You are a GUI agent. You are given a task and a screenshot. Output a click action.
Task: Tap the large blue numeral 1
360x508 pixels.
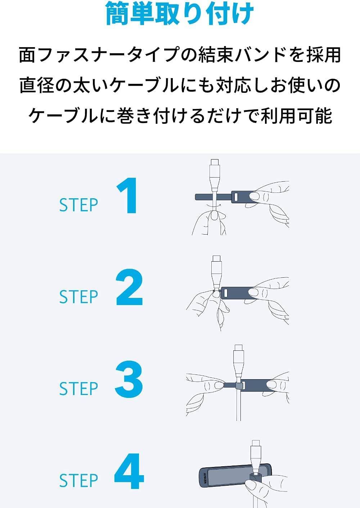point(127,196)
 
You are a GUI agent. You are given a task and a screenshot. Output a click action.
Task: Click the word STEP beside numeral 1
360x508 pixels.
point(78,205)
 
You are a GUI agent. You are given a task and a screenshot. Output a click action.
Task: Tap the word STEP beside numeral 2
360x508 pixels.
point(78,297)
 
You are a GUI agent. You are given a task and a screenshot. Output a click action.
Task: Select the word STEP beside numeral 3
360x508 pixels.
point(78,389)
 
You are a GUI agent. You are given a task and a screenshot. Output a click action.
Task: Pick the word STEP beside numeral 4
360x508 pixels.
point(78,481)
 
